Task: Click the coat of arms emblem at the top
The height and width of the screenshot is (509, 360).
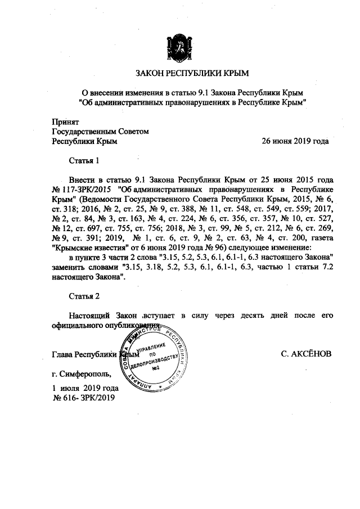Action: coord(179,48)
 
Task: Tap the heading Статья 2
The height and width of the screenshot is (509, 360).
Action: coord(84,295)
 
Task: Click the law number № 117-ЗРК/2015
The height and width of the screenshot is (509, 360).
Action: coord(82,189)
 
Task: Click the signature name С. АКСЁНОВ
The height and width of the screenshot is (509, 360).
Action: coord(306,354)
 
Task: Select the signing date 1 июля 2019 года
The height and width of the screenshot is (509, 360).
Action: coord(85,388)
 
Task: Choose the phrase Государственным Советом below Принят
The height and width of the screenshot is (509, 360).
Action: coord(99,132)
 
